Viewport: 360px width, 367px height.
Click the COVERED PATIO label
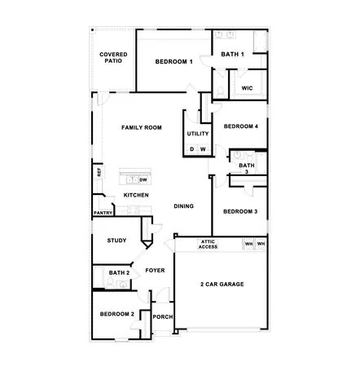pos(113,58)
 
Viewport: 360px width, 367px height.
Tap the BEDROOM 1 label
pos(173,62)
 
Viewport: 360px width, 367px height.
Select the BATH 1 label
pos(233,55)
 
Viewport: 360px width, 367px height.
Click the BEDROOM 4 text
pos(241,126)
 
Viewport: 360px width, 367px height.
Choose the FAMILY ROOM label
pos(141,128)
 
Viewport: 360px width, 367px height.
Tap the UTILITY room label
pos(198,134)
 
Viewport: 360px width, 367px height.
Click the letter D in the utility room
pos(192,149)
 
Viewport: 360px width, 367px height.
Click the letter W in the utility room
pos(203,149)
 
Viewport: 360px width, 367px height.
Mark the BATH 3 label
pos(246,169)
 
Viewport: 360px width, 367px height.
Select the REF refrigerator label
pos(99,172)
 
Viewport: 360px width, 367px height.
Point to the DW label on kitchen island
pos(143,179)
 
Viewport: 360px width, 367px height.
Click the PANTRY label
pos(103,213)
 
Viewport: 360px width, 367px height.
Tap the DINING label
pos(183,206)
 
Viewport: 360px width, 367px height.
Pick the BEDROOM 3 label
pos(240,212)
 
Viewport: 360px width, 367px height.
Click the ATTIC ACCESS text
pos(208,244)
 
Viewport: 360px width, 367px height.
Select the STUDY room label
pos(116,241)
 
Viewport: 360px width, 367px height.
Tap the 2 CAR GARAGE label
pos(222,284)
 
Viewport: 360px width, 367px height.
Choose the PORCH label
pos(162,317)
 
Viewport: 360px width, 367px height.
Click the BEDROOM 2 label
pos(116,314)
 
